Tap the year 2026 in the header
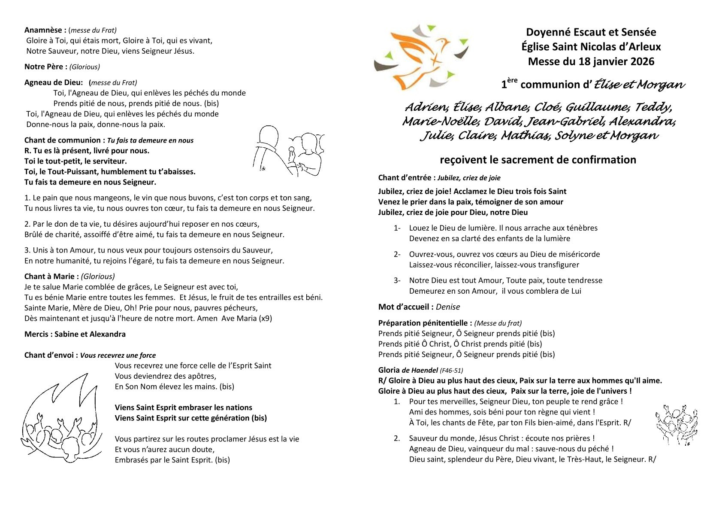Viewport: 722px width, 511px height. coord(642,61)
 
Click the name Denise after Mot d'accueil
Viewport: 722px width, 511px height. coord(447,307)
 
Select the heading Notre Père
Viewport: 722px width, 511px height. coord(45,67)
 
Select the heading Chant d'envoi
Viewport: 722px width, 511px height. coord(51,355)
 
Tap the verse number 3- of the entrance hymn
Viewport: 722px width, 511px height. coord(397,280)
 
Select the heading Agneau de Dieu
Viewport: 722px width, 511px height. coord(53,82)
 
